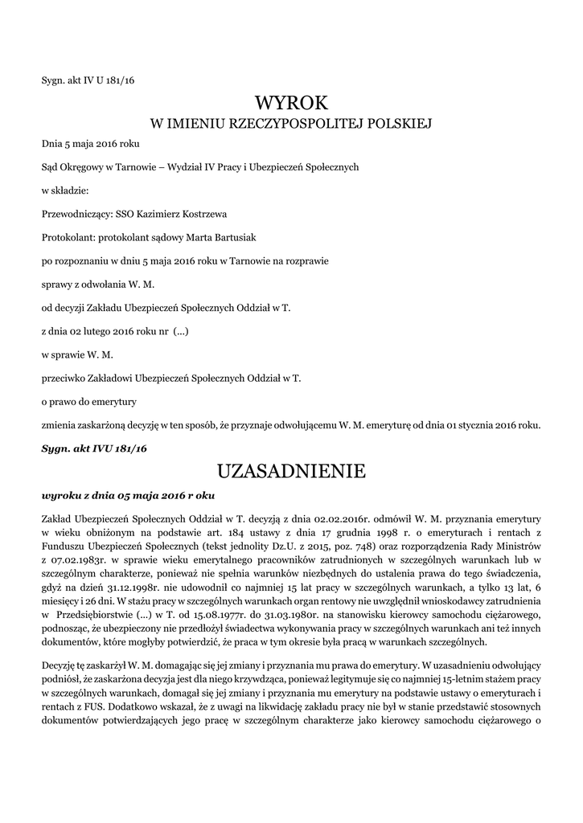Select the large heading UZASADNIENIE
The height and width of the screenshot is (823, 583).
(x=291, y=469)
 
